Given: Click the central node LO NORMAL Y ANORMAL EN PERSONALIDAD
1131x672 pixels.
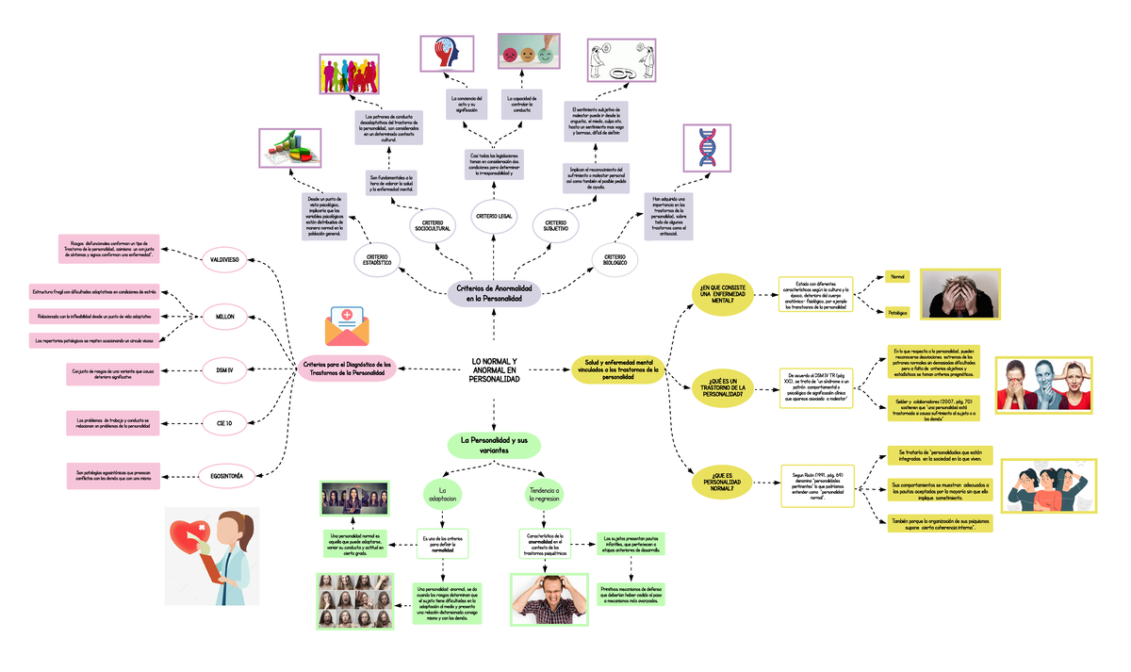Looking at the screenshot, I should click(495, 370).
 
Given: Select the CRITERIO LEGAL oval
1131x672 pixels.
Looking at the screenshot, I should click(495, 217).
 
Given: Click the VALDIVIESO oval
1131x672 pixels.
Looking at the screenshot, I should click(224, 258).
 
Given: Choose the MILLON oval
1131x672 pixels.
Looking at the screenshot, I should click(224, 316).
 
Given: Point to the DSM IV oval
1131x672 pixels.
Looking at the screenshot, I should click(224, 371).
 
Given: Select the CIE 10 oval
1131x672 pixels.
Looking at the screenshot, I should click(224, 424).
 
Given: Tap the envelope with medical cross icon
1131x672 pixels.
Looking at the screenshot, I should click(346, 325).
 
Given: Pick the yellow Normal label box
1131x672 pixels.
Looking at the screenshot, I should click(897, 277).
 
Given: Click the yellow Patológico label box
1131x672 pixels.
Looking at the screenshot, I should click(897, 312).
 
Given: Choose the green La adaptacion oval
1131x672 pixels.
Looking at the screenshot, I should click(443, 495).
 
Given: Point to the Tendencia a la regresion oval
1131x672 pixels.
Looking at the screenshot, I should click(544, 495).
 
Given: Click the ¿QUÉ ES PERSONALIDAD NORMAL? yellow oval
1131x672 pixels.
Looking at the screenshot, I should click(724, 482).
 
